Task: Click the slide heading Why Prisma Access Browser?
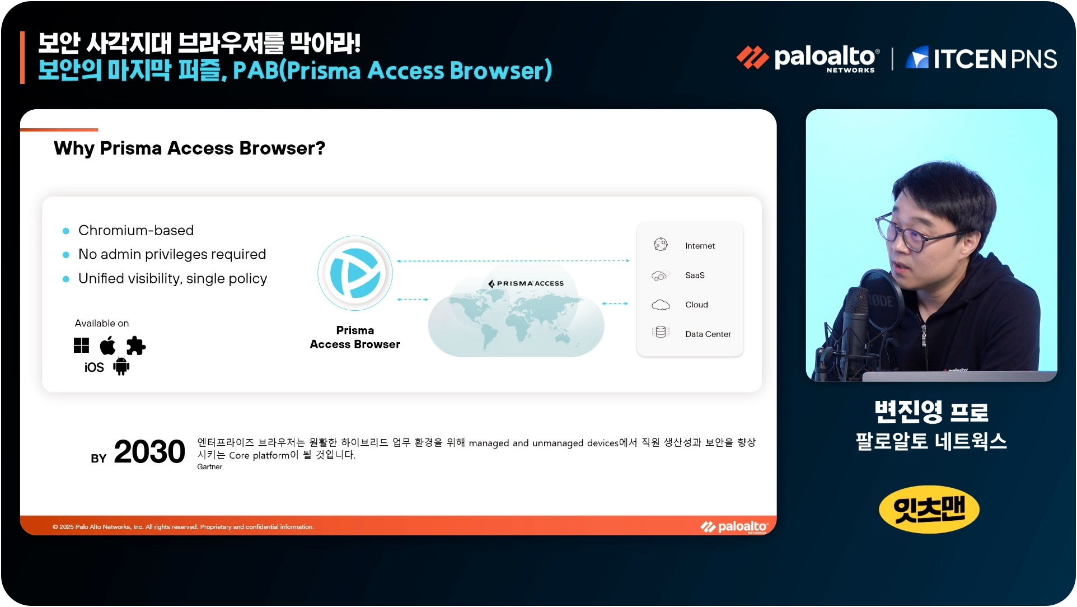click(189, 148)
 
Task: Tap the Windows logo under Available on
click(81, 345)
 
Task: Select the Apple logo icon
click(107, 345)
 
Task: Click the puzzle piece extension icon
click(135, 345)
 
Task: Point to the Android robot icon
click(121, 367)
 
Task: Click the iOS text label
click(94, 367)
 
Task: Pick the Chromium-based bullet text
click(136, 230)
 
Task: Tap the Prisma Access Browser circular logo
click(355, 273)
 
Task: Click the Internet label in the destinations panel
click(700, 246)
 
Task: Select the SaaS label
click(695, 275)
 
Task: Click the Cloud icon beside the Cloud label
click(661, 305)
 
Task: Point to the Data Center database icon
click(661, 332)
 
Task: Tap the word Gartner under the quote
click(209, 467)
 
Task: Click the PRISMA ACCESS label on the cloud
click(526, 283)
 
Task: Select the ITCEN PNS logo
click(981, 58)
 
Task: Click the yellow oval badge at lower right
click(929, 510)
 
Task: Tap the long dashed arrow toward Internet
click(513, 261)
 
